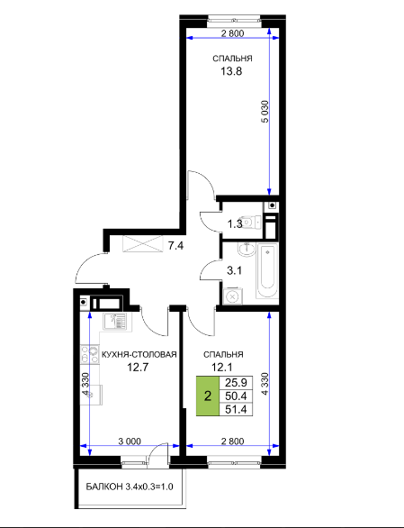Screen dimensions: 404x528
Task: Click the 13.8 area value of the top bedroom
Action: [231, 71]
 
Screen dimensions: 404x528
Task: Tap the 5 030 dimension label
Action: [265, 112]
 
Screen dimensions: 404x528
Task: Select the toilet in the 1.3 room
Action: [251, 222]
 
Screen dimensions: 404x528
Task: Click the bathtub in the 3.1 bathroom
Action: [267, 270]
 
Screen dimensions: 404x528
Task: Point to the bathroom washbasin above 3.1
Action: [247, 250]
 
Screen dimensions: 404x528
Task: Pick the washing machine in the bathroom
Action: [232, 296]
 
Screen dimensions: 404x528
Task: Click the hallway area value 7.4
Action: [175, 246]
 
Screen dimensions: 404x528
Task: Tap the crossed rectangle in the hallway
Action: [143, 244]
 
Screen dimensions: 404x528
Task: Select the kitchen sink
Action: [114, 322]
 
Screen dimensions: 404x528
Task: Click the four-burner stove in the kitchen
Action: [89, 355]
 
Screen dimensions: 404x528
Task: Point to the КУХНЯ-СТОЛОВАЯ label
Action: [139, 355]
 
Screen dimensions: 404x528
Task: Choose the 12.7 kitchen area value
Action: [138, 367]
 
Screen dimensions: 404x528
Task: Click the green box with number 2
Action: [208, 396]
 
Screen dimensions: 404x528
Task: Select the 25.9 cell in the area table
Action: [236, 383]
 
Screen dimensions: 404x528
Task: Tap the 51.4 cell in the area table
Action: [236, 409]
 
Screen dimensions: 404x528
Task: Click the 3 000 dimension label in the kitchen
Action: [130, 442]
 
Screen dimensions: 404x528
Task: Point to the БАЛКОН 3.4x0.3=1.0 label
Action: [130, 487]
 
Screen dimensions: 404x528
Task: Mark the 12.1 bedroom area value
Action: [221, 367]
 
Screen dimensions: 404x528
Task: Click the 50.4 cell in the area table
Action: [236, 396]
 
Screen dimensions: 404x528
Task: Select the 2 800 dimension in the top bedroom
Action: [232, 33]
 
